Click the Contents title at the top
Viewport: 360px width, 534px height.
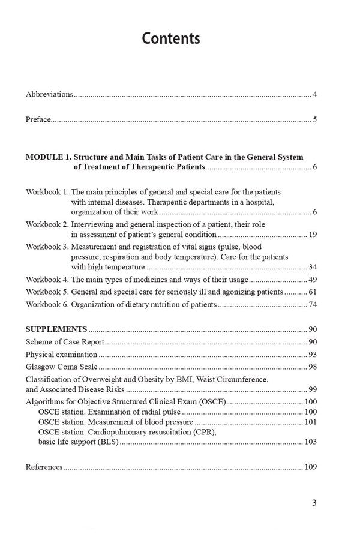tap(171, 39)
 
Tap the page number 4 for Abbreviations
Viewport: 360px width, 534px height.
tap(314, 95)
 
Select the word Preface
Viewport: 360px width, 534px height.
tap(38, 120)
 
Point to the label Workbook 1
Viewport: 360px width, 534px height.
tap(47, 192)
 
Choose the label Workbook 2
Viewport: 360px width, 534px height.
tap(47, 224)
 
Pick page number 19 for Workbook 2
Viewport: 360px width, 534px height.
tap(312, 235)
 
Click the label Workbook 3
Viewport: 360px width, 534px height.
tap(47, 247)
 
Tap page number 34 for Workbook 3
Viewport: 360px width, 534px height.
tap(312, 267)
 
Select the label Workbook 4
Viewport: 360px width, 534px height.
tap(47, 280)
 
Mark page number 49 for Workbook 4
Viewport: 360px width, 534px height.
tap(312, 280)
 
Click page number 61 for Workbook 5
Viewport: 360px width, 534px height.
tap(312, 292)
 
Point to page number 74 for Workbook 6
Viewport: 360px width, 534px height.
tap(312, 305)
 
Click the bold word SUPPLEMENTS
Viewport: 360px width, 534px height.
tap(56, 329)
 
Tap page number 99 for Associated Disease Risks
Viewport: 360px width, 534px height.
tap(312, 389)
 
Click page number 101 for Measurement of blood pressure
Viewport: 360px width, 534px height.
tap(310, 422)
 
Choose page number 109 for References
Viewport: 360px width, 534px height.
tap(310, 467)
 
